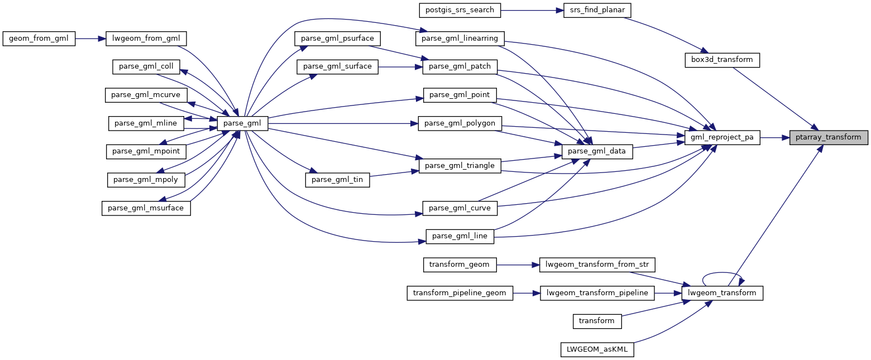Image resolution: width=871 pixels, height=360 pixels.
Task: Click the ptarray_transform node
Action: pyautogui.click(x=828, y=137)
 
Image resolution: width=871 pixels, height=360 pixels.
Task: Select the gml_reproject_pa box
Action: pyautogui.click(x=722, y=137)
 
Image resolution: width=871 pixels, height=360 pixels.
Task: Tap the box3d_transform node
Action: pyautogui.click(x=722, y=59)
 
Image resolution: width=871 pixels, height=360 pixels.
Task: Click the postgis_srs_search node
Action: pyautogui.click(x=460, y=10)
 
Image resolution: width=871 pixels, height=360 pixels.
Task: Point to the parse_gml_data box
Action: pyautogui.click(x=597, y=151)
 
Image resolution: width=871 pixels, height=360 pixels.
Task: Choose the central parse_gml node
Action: pyautogui.click(x=243, y=123)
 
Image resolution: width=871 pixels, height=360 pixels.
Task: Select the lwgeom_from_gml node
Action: pyautogui.click(x=146, y=39)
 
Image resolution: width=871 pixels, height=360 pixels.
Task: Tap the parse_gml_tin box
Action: pyautogui.click(x=337, y=179)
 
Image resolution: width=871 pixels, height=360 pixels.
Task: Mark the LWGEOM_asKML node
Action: pyautogui.click(x=597, y=349)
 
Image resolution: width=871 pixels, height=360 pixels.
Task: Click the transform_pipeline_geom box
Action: pyautogui.click(x=460, y=292)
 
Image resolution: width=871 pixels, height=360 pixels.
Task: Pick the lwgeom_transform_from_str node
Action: pyautogui.click(x=597, y=264)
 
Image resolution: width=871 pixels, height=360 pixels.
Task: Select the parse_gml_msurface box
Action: pyautogui.click(x=146, y=208)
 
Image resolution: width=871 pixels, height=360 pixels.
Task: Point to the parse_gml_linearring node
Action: pyautogui.click(x=460, y=39)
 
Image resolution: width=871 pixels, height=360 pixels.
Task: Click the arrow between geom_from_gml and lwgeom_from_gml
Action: pyautogui.click(x=90, y=39)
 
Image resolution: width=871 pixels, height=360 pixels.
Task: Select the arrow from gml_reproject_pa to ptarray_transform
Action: pyautogui.click(x=774, y=137)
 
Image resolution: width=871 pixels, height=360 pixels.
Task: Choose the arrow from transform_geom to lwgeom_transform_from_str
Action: pyautogui.click(x=518, y=264)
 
